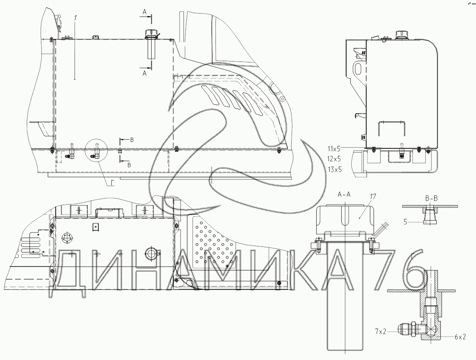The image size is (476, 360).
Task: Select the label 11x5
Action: [334, 148]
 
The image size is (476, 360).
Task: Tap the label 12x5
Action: [334, 159]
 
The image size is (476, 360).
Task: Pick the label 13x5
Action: [334, 169]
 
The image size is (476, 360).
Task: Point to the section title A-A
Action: [344, 195]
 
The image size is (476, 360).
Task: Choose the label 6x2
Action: [460, 337]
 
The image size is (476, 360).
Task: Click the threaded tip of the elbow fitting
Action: [403, 328]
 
